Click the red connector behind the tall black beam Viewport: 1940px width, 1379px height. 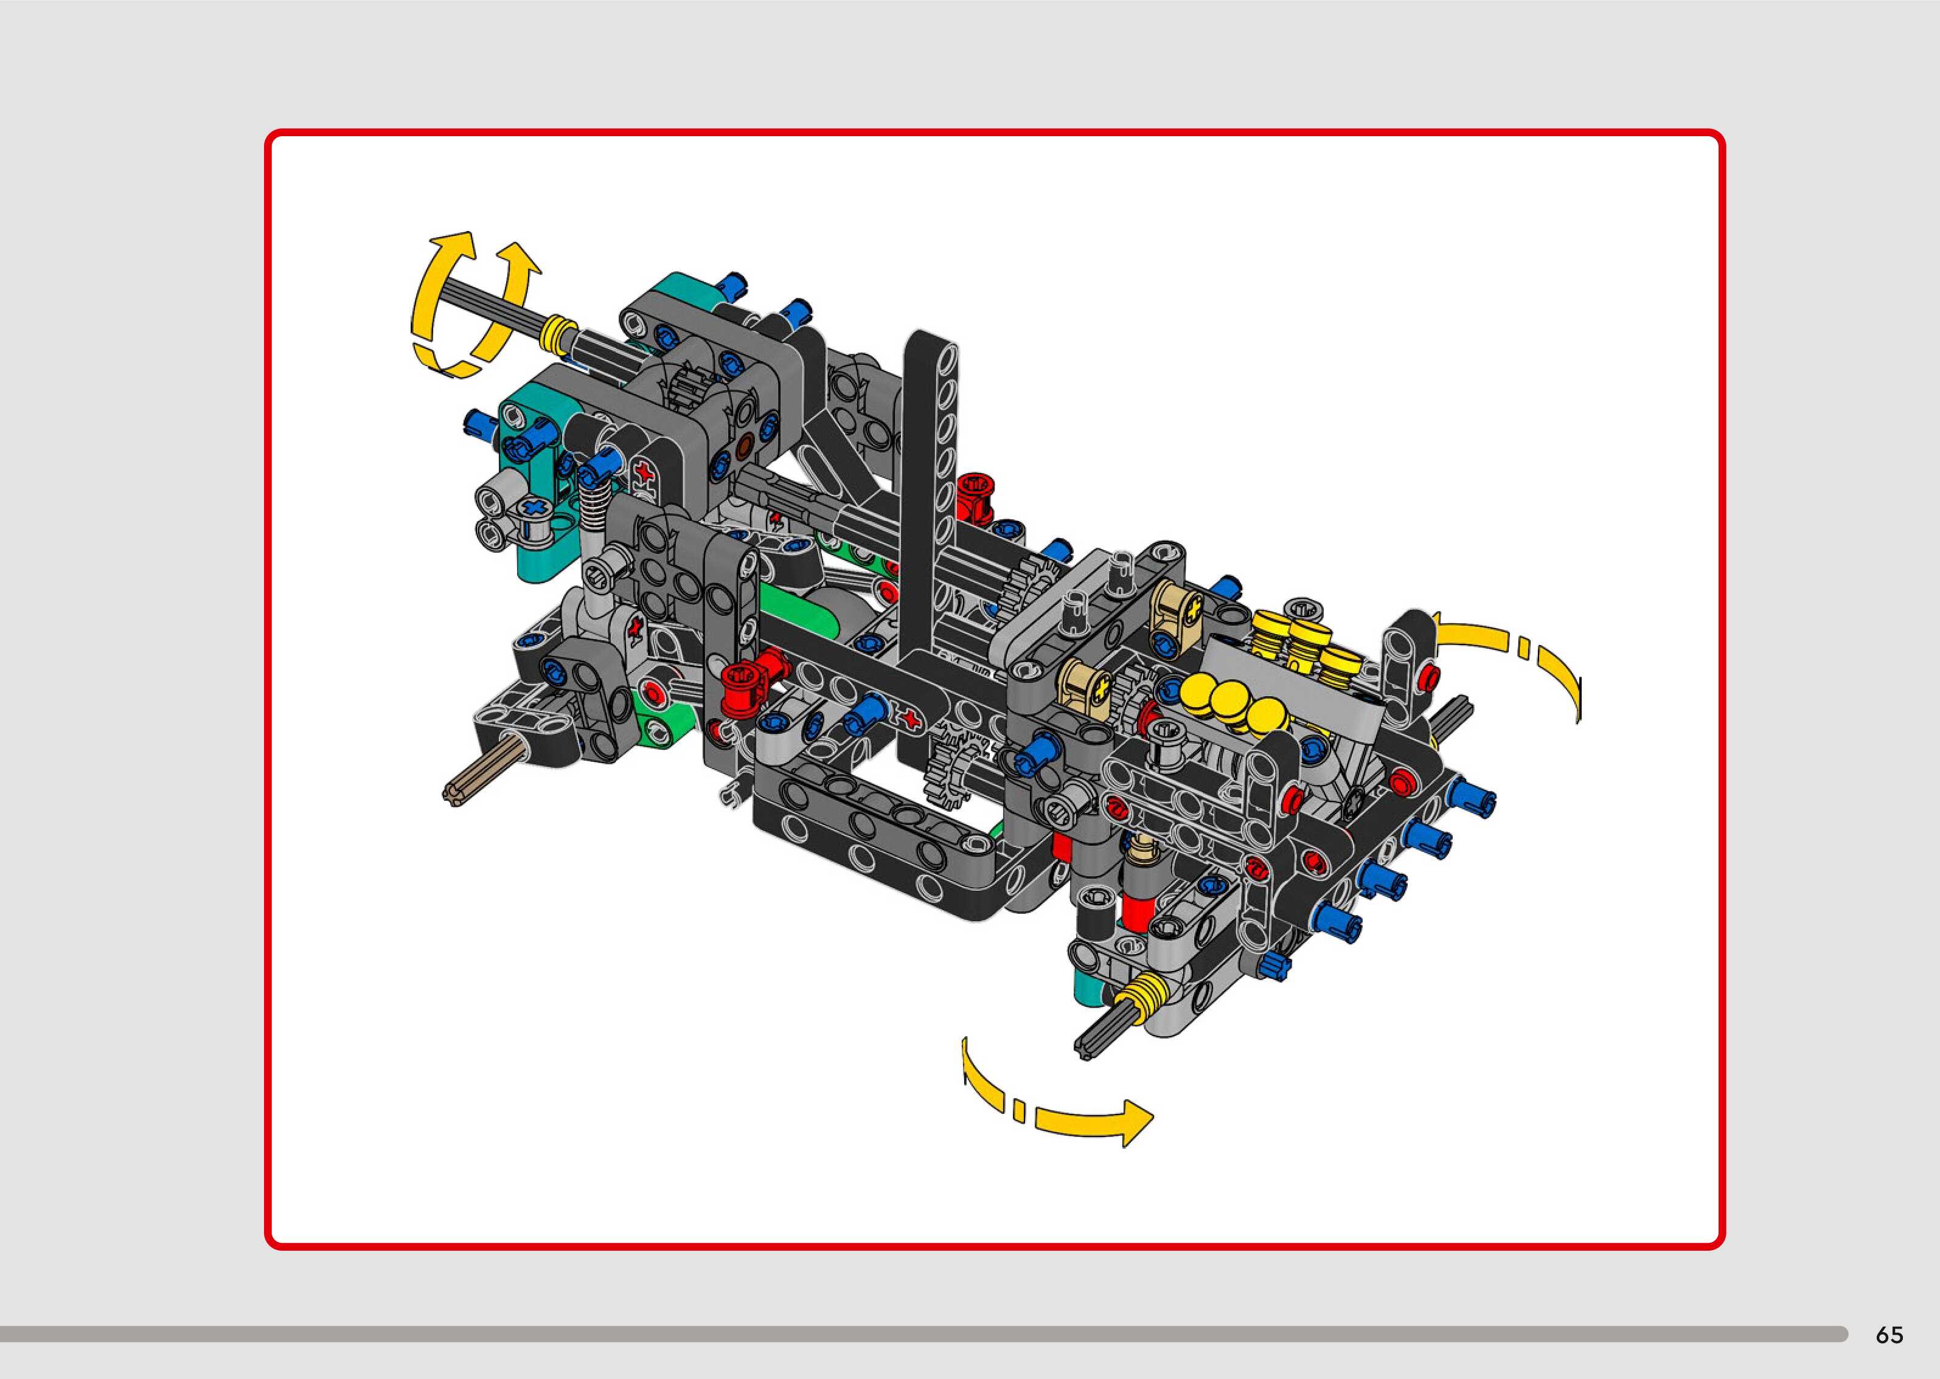[x=977, y=497]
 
